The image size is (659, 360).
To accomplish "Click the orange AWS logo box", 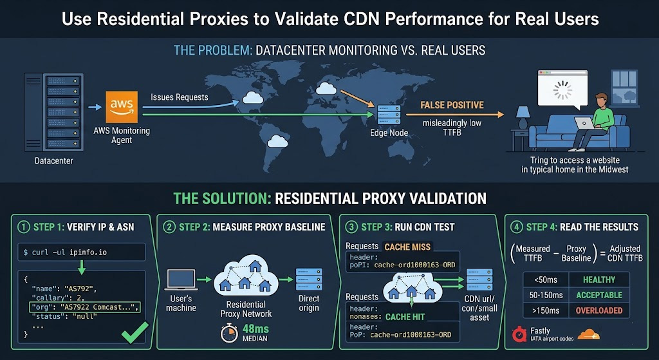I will tap(122, 107).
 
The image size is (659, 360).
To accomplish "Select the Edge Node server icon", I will tap(389, 115).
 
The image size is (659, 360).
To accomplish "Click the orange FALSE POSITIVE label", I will tap(452, 104).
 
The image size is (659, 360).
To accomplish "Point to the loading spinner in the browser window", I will tap(562, 90).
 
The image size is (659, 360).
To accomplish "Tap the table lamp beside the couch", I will tap(523, 117).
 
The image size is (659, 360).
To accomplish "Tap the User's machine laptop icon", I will tap(181, 279).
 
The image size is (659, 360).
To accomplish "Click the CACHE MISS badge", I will tap(407, 247).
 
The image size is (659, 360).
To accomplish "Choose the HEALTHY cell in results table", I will tap(599, 279).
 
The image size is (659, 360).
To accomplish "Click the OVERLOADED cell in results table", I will tap(599, 310).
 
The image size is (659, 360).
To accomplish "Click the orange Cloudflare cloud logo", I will tap(588, 334).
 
